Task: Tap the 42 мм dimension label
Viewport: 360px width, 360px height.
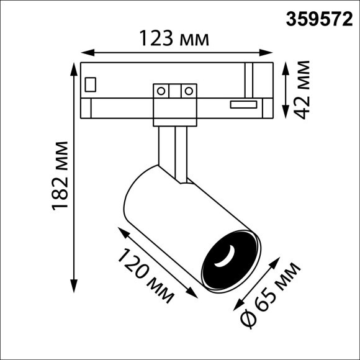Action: tap(303, 89)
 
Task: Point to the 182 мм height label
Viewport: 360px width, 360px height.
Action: tap(61, 176)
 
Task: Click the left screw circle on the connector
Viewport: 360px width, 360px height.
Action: tap(161, 91)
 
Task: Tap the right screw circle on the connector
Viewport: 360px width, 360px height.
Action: tap(186, 91)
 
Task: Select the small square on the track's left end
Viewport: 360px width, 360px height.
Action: tap(91, 83)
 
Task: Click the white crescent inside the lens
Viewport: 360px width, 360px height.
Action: tap(227, 256)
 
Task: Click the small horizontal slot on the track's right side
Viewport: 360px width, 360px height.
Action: tap(243, 104)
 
